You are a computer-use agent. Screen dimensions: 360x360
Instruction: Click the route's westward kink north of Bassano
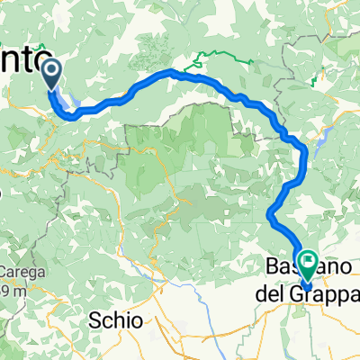270,212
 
